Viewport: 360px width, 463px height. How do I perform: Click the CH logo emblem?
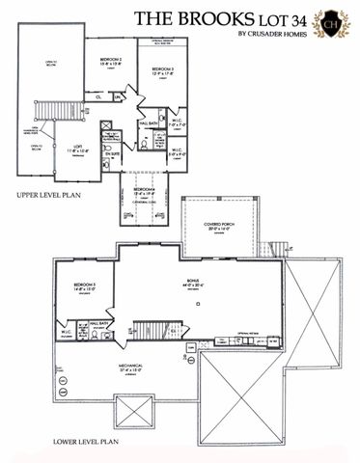pos(334,21)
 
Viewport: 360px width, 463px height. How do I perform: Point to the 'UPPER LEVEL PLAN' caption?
pos(48,195)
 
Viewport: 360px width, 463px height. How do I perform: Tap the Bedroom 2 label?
pos(109,63)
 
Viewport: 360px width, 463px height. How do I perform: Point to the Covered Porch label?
pos(221,224)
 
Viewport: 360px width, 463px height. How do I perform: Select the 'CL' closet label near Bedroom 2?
pos(98,96)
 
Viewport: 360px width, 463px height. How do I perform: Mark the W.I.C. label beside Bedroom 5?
pos(66,334)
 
